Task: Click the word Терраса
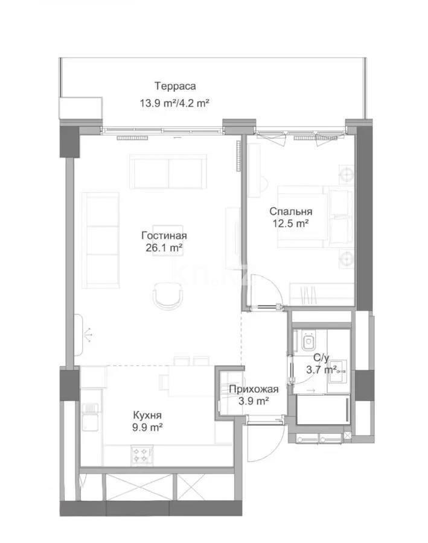tap(174, 86)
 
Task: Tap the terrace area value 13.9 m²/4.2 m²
tap(174, 103)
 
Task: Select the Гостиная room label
tap(164, 236)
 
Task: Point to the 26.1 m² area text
tap(164, 248)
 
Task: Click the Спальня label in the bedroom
tap(290, 211)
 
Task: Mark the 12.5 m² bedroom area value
tap(290, 223)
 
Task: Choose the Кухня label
tap(147, 416)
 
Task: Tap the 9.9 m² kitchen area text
tap(147, 428)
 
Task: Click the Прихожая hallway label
tap(254, 389)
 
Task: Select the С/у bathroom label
tap(314, 357)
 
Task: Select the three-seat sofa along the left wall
tap(100, 232)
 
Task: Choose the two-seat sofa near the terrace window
tap(168, 172)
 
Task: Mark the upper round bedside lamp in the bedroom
tap(347, 175)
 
